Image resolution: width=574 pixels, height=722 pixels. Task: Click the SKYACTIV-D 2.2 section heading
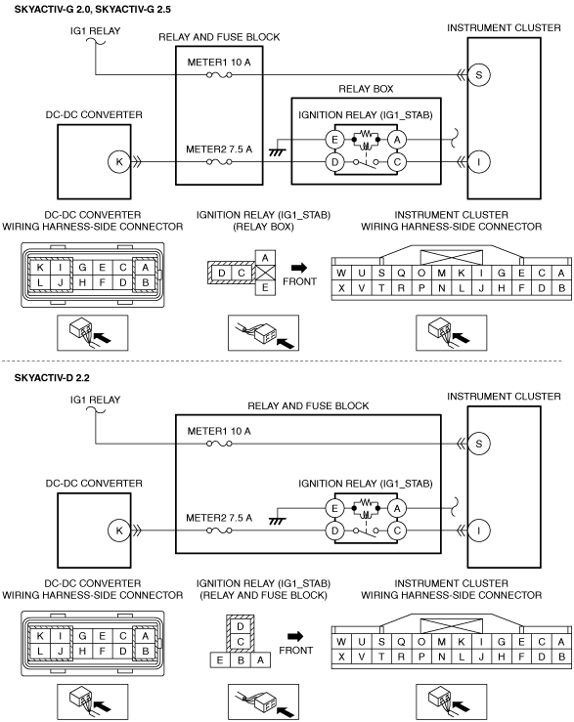(52, 378)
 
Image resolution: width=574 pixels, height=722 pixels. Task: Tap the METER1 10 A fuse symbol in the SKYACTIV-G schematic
(219, 74)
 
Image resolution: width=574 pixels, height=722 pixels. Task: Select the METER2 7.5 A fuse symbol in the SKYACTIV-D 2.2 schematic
(219, 531)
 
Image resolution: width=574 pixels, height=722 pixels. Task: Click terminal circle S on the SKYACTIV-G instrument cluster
(478, 74)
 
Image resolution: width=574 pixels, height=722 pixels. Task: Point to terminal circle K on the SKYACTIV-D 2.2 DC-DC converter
(119, 531)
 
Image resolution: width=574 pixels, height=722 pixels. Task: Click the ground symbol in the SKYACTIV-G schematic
(277, 151)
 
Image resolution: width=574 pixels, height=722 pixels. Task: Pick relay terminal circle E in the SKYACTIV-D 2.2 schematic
(334, 508)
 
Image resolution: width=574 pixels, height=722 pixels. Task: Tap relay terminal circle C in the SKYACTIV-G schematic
(397, 162)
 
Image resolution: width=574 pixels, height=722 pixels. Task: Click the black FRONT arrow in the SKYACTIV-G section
(299, 267)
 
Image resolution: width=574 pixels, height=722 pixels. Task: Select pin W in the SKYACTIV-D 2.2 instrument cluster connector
(341, 642)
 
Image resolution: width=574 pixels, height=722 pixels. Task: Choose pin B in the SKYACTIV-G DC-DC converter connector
(146, 282)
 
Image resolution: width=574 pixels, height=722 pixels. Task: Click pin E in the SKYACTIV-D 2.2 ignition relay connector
(219, 660)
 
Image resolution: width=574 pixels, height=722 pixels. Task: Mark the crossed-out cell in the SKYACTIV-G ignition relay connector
(265, 273)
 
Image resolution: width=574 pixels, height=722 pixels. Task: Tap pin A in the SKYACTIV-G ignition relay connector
(265, 258)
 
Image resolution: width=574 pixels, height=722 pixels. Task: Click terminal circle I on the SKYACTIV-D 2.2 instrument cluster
(478, 531)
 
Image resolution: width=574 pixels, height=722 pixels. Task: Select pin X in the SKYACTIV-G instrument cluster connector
(341, 288)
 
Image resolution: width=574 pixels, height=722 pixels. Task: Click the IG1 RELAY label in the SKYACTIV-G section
(95, 31)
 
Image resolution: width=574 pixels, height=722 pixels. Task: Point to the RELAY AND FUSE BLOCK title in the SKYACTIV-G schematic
(219, 37)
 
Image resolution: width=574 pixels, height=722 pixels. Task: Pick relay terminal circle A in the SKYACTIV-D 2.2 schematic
(397, 508)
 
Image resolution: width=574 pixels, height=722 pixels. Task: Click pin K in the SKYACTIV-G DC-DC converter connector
(40, 268)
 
